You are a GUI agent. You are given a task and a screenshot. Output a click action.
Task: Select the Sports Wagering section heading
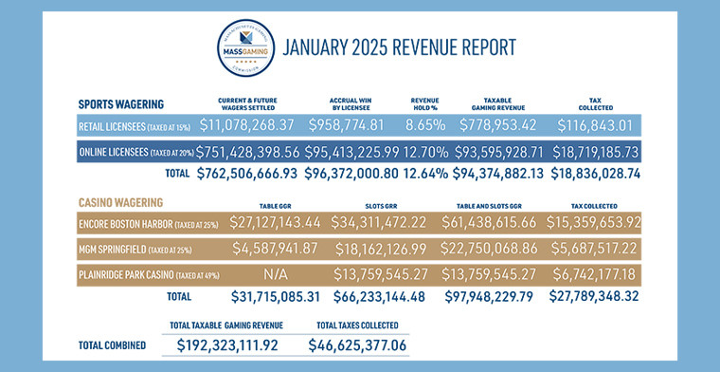pos(120,103)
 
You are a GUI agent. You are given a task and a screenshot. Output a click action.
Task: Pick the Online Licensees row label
pos(134,152)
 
